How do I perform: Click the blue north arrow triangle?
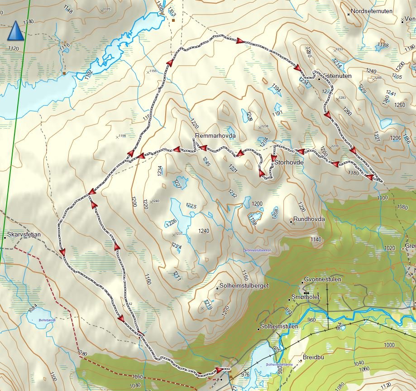point(16,31)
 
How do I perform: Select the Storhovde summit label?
point(288,163)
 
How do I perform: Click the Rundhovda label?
point(309,219)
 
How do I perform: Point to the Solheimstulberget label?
point(244,286)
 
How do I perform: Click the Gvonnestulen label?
point(323,280)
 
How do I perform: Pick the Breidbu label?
point(314,357)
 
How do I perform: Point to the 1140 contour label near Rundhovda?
point(316,239)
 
